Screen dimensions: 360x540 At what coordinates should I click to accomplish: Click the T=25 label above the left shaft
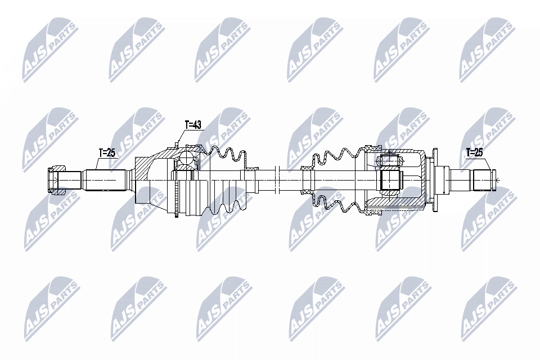click(x=107, y=152)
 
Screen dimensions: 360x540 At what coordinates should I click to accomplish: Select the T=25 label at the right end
click(x=474, y=152)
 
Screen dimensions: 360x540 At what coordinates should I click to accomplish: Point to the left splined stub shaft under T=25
click(x=104, y=180)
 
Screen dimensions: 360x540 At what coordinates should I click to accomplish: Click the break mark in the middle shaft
click(x=276, y=180)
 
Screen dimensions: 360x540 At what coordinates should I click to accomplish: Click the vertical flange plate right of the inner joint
click(x=433, y=180)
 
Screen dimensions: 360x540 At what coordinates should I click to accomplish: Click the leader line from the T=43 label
click(x=179, y=137)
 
